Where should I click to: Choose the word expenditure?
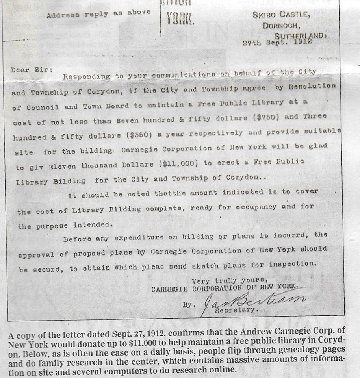coord(135,237)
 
